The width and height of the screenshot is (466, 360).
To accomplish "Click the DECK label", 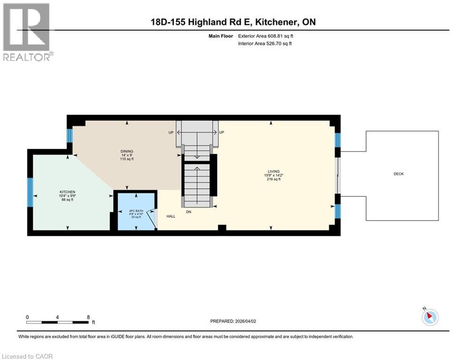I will tap(399, 174).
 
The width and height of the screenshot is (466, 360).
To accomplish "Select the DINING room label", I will tap(126, 151).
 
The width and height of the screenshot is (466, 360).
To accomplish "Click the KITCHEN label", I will tap(67, 192).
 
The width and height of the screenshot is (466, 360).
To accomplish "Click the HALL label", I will tap(171, 216).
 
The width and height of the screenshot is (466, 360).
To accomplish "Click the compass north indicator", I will tap(429, 317).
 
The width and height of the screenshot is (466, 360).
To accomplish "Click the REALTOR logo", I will tap(27, 32).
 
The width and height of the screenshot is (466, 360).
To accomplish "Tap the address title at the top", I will tap(233, 22).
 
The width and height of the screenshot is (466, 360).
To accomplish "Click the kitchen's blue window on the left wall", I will tap(30, 192).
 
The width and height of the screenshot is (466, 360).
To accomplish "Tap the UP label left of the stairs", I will tap(171, 133).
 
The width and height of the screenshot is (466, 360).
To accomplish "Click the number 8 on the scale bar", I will tap(89, 317).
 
